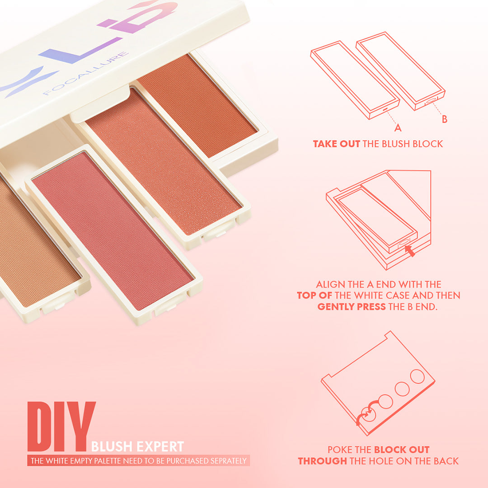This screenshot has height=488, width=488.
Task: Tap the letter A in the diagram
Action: tap(398, 128)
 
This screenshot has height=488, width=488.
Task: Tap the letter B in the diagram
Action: tap(445, 119)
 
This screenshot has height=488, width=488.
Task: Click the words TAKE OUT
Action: tap(336, 144)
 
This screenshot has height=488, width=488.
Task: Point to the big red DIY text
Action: tap(61, 427)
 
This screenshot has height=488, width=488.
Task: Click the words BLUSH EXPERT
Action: tap(137, 447)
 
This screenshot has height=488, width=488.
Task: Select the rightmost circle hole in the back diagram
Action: tap(417, 376)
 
